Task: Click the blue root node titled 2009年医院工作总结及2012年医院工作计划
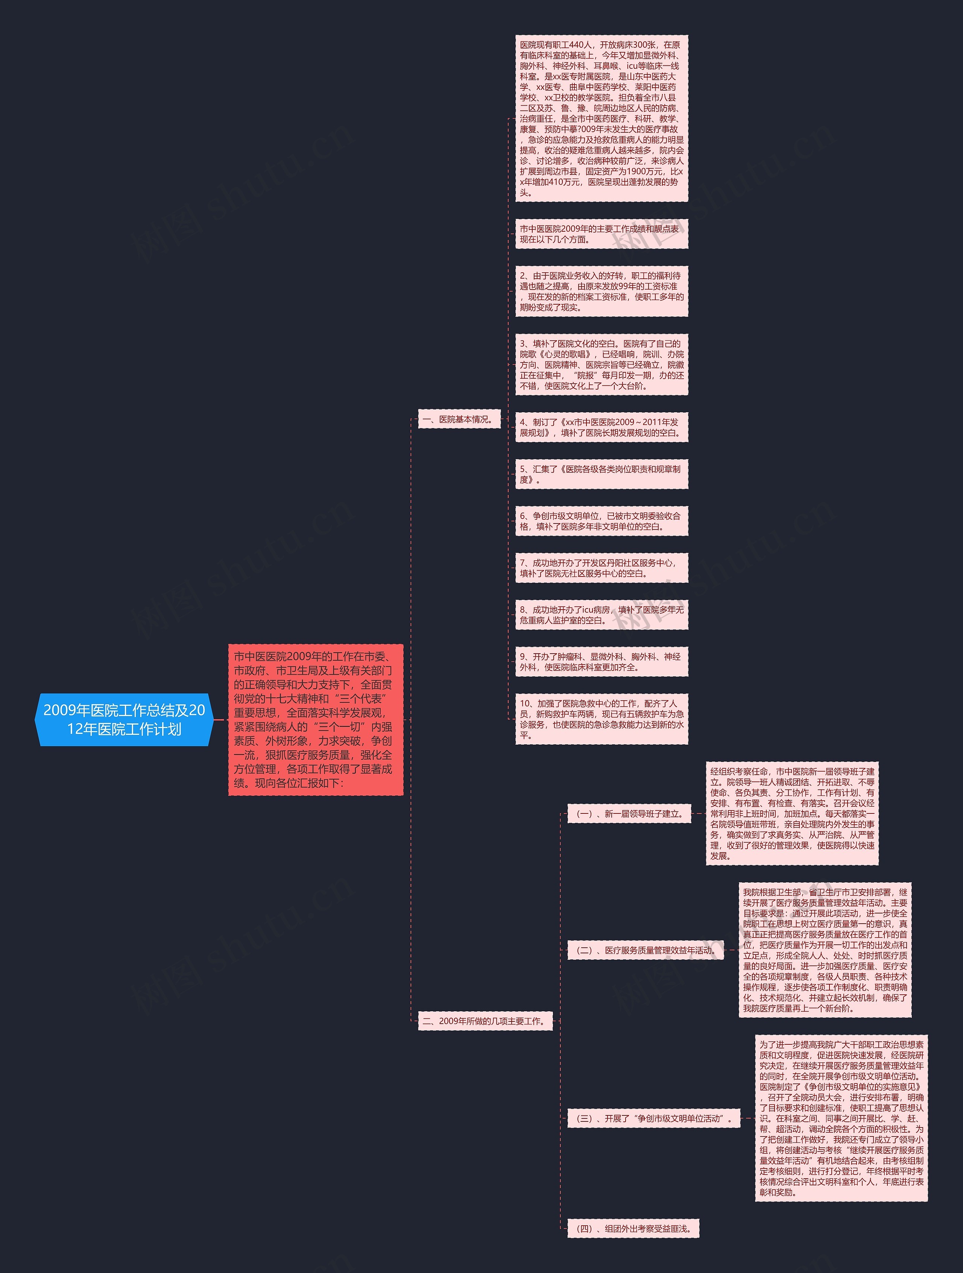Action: pos(124,719)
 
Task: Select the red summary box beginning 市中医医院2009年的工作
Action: pos(316,719)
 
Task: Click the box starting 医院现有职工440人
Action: pos(601,118)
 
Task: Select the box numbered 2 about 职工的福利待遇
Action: pos(601,291)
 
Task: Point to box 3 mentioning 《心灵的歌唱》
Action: pos(601,364)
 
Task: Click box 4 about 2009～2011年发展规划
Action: pos(601,427)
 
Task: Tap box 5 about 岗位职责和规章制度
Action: pos(601,474)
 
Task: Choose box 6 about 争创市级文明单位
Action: pos(601,521)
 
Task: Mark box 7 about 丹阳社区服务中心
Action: pos(601,568)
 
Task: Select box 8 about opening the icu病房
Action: pos(601,614)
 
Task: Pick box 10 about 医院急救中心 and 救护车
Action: pos(601,719)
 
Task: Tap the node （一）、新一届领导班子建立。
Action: pos(629,814)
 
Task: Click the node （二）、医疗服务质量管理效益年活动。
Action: pos(645,950)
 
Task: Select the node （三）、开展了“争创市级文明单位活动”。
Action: pos(653,1118)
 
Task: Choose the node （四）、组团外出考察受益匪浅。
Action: pos(633,1228)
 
